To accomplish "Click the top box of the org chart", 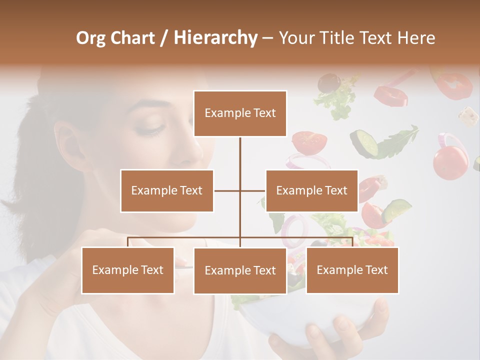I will click(240, 113).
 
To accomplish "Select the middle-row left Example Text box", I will click(167, 190).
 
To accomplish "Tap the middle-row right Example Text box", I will click(311, 190).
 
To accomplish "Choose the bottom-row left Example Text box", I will click(128, 270).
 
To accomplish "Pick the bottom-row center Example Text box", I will click(240, 270).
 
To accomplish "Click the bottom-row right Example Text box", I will click(352, 270).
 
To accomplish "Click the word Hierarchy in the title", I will click(215, 38).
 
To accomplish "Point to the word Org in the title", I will click(92, 38).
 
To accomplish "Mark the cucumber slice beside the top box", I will click(364, 142).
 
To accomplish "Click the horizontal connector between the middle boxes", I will click(240, 190).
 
